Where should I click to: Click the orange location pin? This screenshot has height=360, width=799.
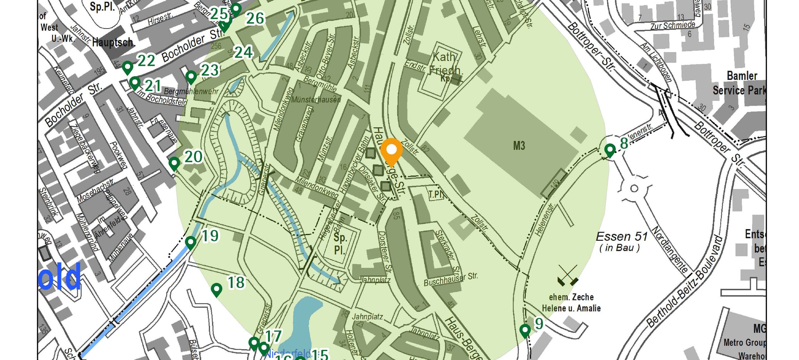391,151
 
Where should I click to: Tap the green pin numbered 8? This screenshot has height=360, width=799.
610,150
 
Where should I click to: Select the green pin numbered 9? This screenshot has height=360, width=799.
525,330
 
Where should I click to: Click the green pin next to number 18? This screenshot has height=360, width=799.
216,290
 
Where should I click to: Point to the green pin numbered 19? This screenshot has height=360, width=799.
191,242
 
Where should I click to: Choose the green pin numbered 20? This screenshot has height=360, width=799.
174,163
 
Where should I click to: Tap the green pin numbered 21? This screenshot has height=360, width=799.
135,83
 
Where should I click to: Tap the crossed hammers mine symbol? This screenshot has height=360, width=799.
568,275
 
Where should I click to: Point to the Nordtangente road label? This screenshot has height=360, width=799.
670,250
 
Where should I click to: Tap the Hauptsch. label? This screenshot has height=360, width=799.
114,42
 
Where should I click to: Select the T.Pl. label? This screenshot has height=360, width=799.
436,195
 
